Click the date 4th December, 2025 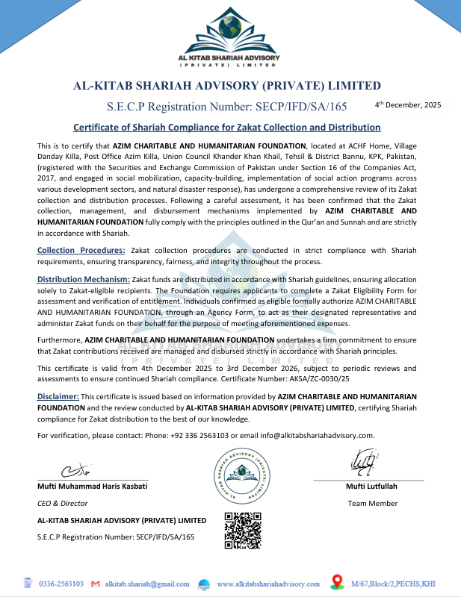coord(408,105)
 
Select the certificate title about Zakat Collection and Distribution coord(227,128)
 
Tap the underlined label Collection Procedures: coord(81,250)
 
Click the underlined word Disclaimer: coord(58,396)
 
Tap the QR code coord(243,531)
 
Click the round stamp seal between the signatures coord(243,475)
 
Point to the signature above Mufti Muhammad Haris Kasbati coord(75,471)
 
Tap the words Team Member coord(372,504)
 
